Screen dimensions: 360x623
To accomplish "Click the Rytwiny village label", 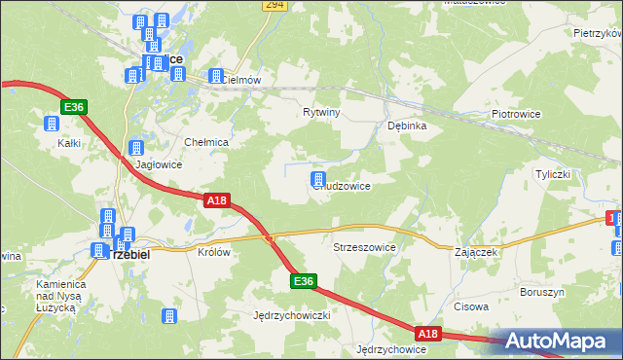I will tap(321, 112).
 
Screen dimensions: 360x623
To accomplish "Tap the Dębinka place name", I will tap(408, 126).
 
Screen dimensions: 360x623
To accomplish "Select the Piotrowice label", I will tap(516, 114).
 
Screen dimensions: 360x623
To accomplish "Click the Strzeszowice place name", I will tap(365, 247).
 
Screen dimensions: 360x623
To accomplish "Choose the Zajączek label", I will tap(476, 251).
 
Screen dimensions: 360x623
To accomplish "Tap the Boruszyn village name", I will tap(541, 291).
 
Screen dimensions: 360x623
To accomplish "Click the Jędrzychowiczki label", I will tap(293, 316).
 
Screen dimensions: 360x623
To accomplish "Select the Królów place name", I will tap(214, 251).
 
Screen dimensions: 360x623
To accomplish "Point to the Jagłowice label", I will tap(159, 165).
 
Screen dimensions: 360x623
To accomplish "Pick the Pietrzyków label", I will tap(598, 33).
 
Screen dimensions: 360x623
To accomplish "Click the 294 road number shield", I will tap(275, 6).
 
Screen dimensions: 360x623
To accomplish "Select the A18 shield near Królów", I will tap(218, 199).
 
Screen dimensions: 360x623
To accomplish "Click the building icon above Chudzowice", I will tap(317, 178).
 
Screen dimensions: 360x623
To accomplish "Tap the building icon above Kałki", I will tap(51, 124).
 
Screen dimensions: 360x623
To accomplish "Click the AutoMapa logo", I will tap(561, 341).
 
